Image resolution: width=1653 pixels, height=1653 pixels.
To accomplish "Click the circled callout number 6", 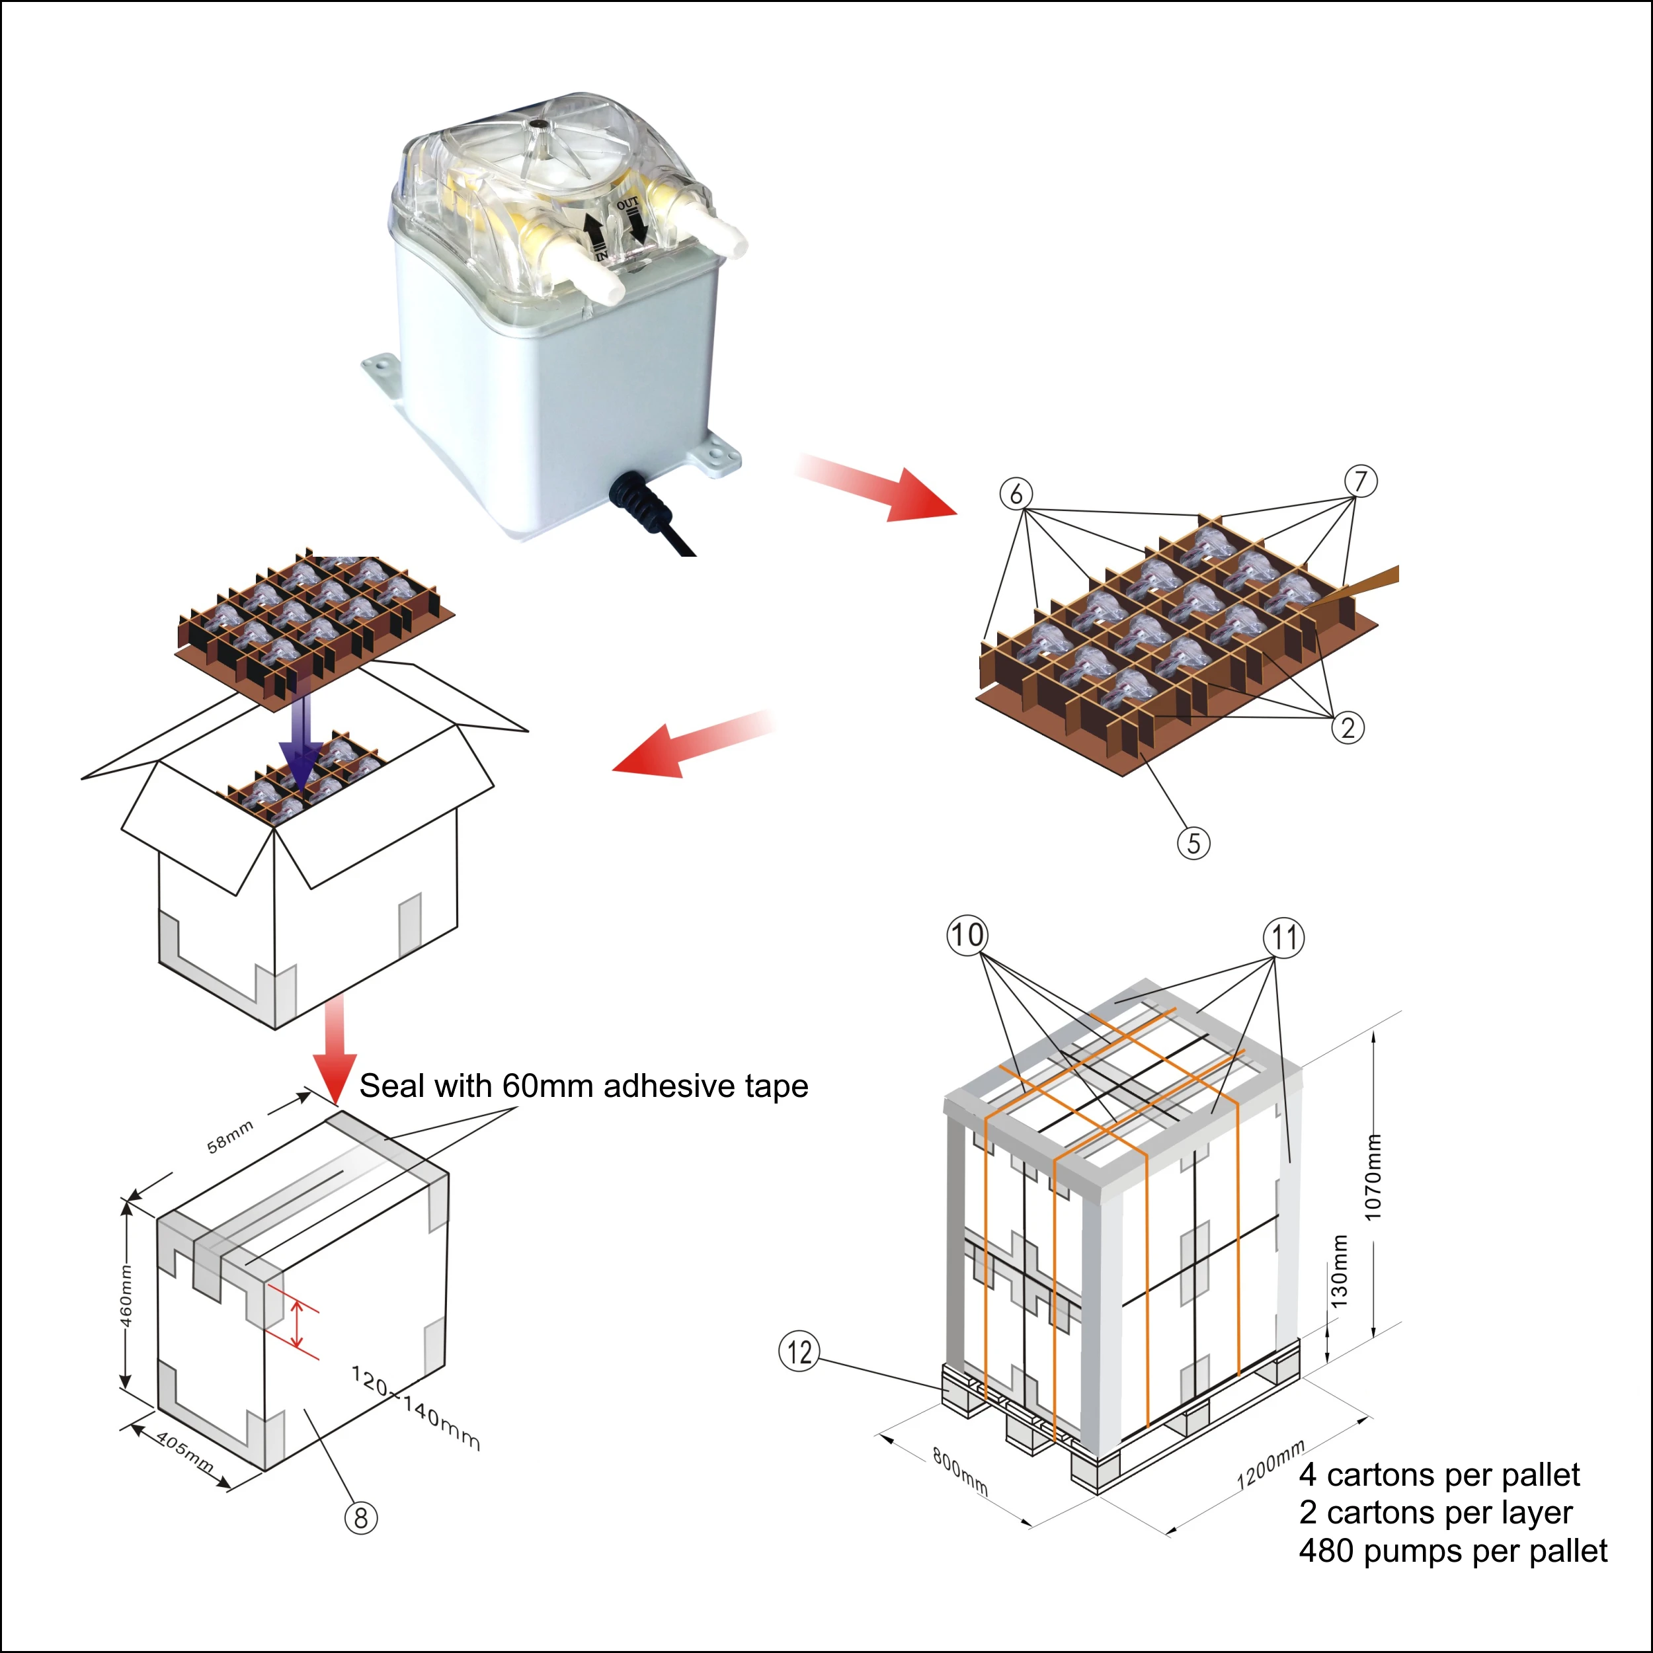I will pos(1016,494).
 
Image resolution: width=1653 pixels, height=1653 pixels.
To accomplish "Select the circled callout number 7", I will pos(1360,481).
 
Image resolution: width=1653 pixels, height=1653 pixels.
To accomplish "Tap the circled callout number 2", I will pos(1348,728).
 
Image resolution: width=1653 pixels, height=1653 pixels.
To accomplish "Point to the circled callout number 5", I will pos(1193,844).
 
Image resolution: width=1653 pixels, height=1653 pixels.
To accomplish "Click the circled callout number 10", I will pos(967,935).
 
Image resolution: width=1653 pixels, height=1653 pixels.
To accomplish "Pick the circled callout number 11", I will pos(1284,938).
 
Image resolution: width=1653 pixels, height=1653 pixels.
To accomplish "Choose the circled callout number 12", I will pos(799,1352).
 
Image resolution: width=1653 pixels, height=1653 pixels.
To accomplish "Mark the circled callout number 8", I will pos(360,1519).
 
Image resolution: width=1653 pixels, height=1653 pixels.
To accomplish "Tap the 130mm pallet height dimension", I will pos(1340,1271).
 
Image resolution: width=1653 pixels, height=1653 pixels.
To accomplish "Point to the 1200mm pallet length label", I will pos(1271,1465).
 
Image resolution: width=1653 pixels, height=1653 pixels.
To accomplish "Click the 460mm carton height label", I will pos(126,1295).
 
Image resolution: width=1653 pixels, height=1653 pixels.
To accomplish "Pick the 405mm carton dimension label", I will pos(184,1452).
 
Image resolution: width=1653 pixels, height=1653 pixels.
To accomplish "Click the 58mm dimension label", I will pos(230,1136).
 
